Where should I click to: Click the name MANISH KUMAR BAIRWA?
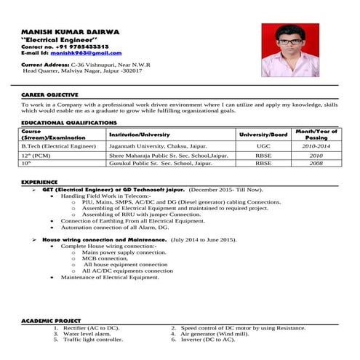(66, 31)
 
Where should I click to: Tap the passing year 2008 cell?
(316, 164)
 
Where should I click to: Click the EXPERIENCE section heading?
(41, 180)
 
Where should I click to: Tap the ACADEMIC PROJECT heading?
(51, 321)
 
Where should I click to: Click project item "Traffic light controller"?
(93, 340)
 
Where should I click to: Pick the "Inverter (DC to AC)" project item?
(207, 340)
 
